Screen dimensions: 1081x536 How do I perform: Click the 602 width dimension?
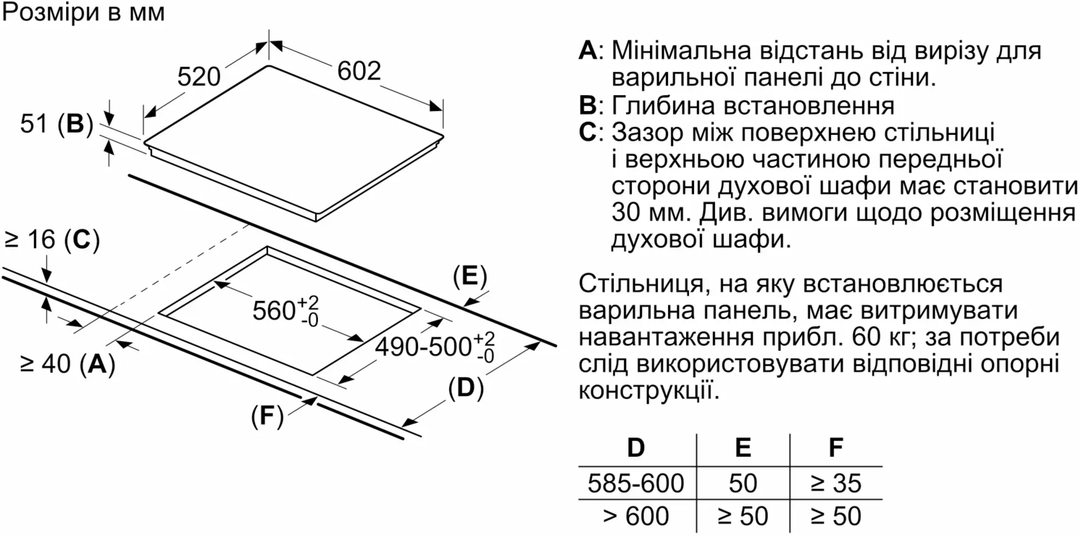tap(359, 71)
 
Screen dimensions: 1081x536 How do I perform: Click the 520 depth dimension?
tap(199, 76)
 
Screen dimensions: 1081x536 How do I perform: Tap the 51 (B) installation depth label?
tap(57, 124)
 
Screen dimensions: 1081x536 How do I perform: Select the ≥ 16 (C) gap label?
tap(52, 240)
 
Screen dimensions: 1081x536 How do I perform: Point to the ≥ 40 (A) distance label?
tap(68, 364)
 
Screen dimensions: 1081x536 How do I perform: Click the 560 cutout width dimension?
tap(285, 311)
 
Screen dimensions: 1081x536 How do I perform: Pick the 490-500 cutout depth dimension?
tap(435, 347)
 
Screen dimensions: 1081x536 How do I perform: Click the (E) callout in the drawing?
tap(470, 277)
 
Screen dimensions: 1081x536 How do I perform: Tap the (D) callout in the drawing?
tap(466, 388)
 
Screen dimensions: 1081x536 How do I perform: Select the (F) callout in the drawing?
tap(267, 416)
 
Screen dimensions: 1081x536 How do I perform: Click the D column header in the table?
tap(636, 448)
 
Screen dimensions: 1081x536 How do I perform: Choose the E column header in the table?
tap(743, 448)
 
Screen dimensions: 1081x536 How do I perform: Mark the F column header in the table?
tap(836, 448)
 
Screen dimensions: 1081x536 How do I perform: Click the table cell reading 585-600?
tap(636, 483)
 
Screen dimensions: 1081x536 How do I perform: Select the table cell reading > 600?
tap(636, 516)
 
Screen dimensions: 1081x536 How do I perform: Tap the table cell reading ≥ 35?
tap(836, 483)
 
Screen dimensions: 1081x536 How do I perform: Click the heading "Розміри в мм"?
tap(84, 13)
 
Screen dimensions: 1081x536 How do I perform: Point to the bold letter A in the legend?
tap(587, 50)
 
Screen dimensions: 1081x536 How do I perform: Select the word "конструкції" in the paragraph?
tap(649, 390)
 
